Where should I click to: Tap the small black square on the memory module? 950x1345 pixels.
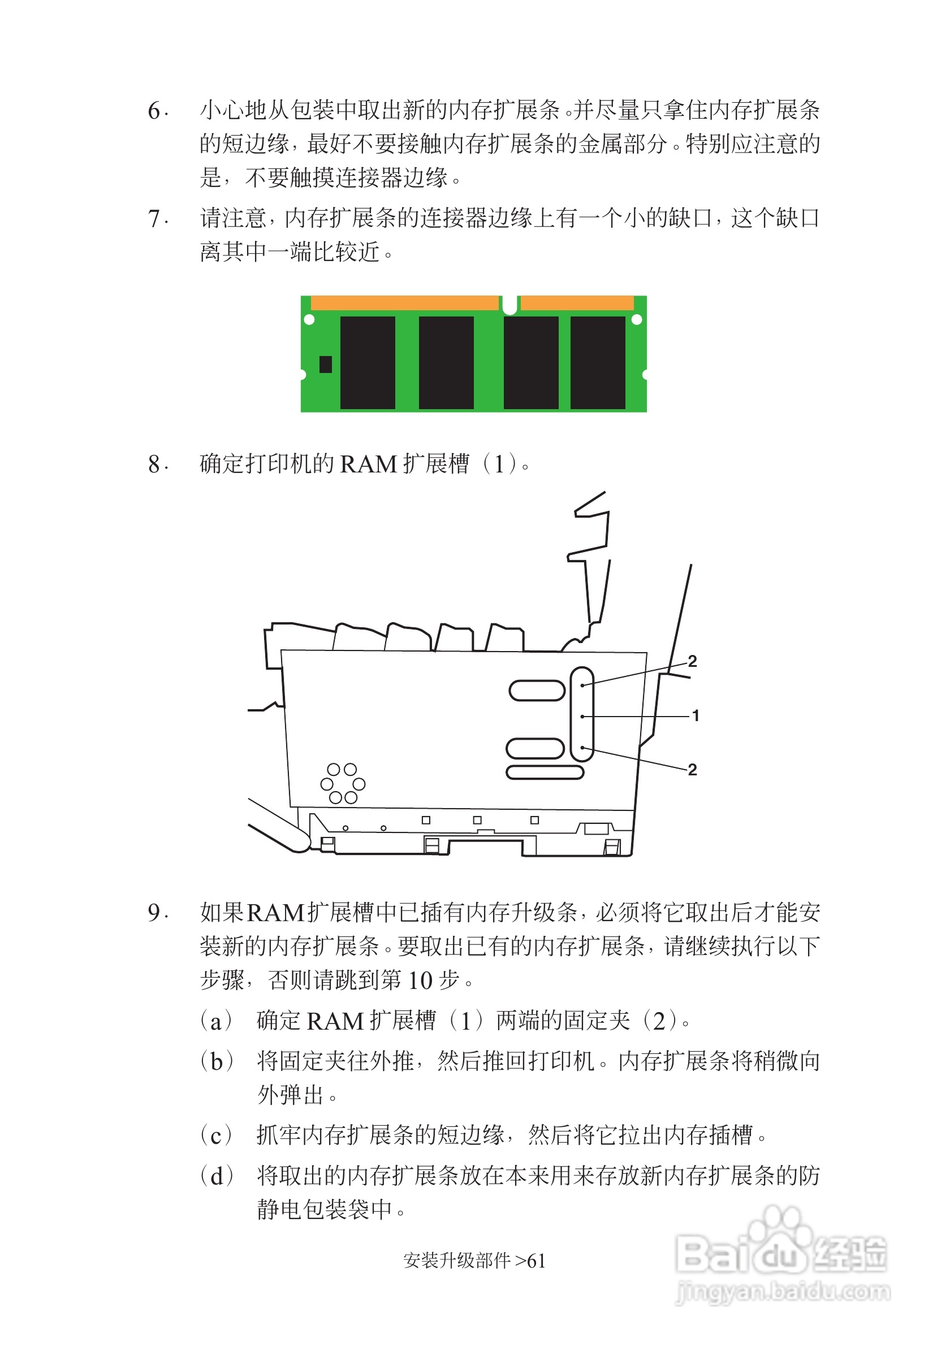click(326, 365)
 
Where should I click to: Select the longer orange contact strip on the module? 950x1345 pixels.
click(404, 303)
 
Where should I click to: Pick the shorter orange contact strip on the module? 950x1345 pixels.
click(577, 303)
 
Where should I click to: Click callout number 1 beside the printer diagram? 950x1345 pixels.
click(695, 715)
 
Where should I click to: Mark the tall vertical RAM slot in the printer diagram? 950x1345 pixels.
click(582, 714)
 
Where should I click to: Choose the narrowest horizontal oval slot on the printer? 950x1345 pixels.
click(545, 773)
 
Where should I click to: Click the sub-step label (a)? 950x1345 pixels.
click(216, 1021)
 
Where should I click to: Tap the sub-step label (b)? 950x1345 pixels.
click(216, 1061)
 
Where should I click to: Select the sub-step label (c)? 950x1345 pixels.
click(216, 1135)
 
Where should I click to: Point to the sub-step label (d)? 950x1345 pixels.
click(216, 1175)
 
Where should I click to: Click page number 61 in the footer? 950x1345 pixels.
click(536, 1261)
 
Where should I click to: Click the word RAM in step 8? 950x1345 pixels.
click(369, 465)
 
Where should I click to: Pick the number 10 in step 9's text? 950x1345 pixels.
click(420, 980)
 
